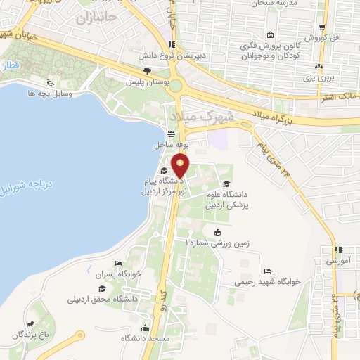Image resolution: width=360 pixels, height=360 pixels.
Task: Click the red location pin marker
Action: pos(181,166)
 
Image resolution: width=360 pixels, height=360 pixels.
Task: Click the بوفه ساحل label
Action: pos(168,146)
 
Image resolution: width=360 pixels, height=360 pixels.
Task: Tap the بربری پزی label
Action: pos(318,78)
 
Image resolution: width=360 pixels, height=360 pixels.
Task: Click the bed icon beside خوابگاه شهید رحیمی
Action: pos(266,271)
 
